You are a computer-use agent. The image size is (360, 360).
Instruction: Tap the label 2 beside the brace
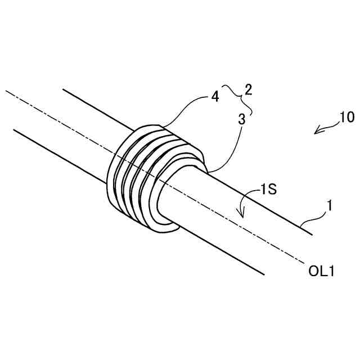247,89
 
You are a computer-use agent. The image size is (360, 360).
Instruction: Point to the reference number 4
215,96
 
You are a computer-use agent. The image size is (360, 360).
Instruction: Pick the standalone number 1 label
330,206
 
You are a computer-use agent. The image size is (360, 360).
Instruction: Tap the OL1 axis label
322,272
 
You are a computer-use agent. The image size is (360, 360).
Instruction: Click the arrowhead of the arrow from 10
317,132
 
